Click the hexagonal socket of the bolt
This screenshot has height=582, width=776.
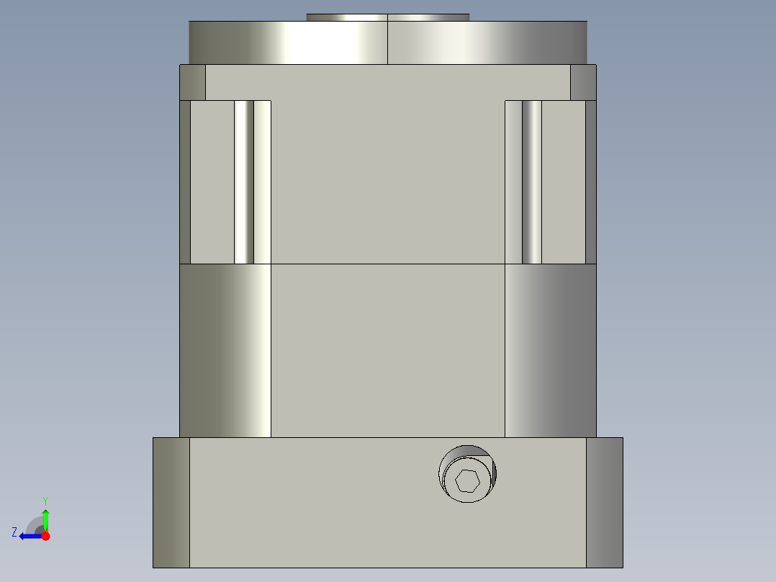[468, 480]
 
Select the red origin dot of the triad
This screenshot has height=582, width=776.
[45, 536]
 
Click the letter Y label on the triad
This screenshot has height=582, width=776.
[45, 500]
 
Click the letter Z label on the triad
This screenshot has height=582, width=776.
[14, 532]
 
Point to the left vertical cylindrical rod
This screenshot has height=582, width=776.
[244, 182]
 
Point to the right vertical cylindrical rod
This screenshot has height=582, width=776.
[531, 182]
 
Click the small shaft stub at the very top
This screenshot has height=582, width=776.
[387, 17]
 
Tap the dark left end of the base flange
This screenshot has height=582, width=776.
[171, 502]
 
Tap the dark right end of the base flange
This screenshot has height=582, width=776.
[604, 502]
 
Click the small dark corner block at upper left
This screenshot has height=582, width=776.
[192, 83]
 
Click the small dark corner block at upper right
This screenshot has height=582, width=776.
[583, 83]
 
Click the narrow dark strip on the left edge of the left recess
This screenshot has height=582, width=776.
[185, 182]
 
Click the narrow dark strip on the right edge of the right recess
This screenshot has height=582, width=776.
[591, 182]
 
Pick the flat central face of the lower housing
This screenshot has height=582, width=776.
[387, 351]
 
